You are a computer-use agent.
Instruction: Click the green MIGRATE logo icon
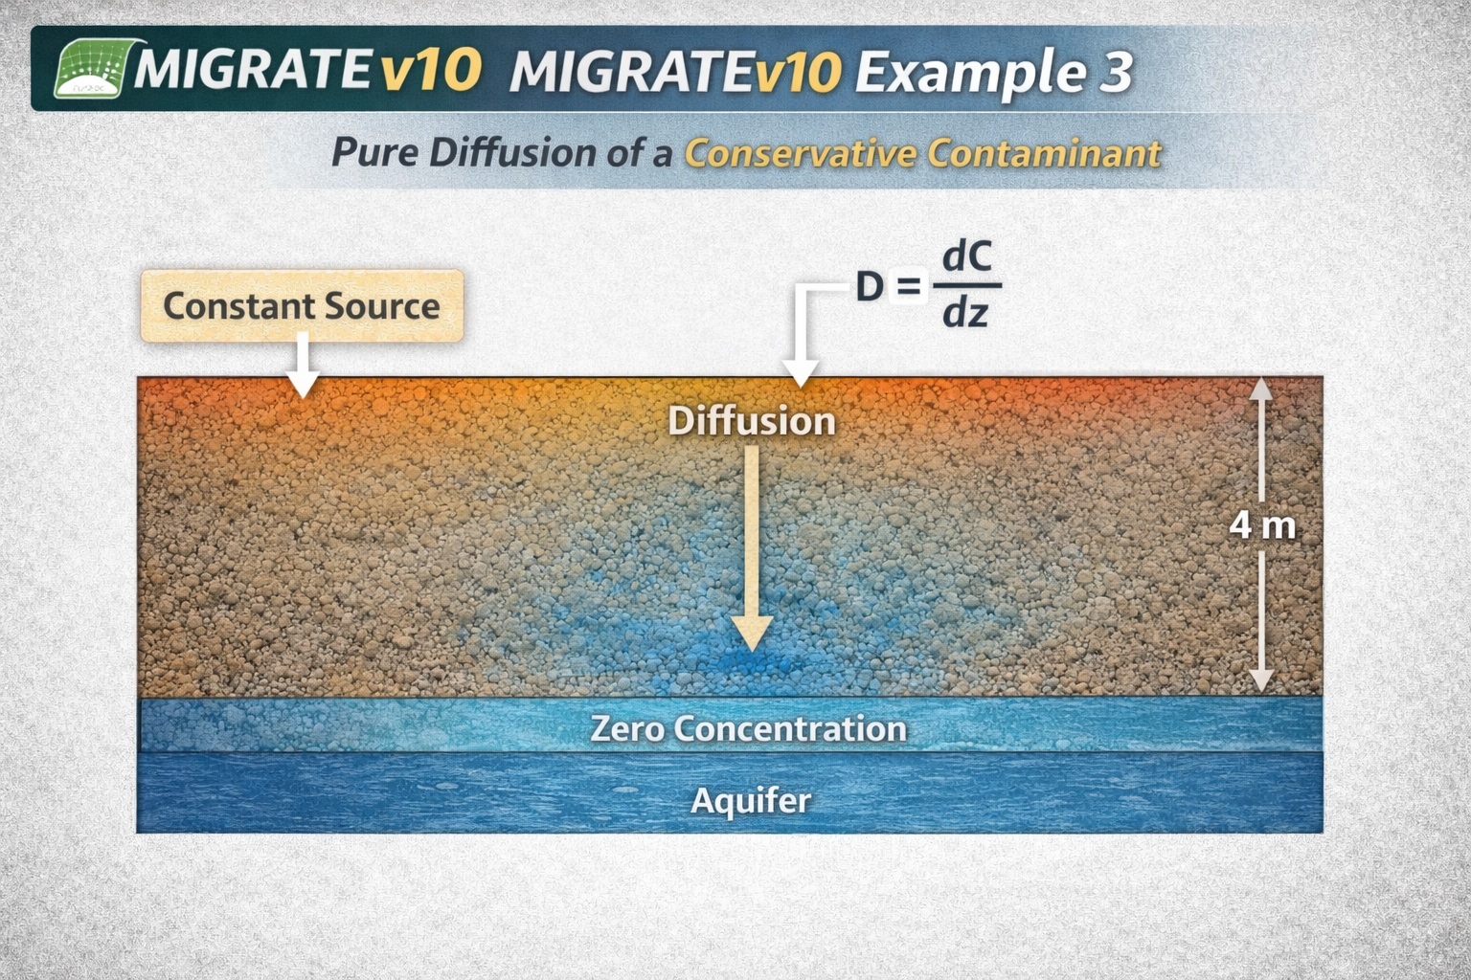tap(90, 70)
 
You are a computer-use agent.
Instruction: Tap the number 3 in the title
tap(1114, 73)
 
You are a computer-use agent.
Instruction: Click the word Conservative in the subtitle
tap(801, 153)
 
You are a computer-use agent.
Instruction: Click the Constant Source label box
tap(302, 306)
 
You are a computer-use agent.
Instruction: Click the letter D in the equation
tap(869, 286)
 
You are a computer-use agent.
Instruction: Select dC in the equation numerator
tap(966, 256)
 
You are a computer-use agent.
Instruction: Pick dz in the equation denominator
tap(964, 313)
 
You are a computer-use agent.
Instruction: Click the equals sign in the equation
tap(907, 286)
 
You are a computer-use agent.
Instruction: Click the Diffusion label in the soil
tap(751, 421)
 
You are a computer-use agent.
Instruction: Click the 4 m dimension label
tap(1262, 525)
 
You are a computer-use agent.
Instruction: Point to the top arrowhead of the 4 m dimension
tap(1261, 388)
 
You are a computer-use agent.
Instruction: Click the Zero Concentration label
tap(748, 728)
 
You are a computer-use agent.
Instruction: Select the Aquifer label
tap(751, 800)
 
